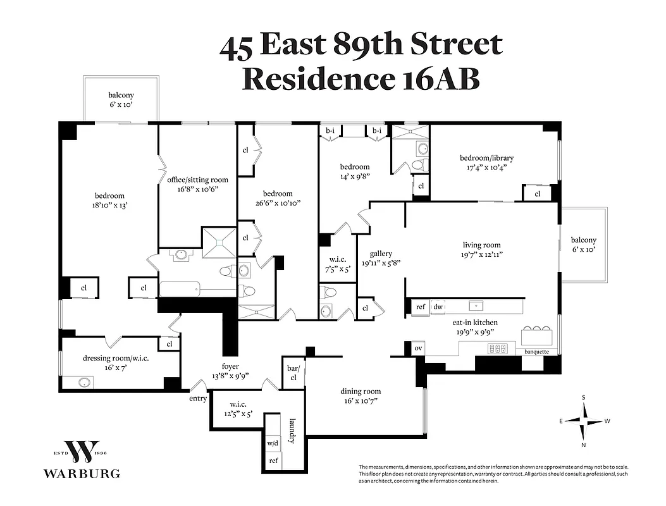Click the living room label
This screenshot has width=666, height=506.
(x=481, y=245)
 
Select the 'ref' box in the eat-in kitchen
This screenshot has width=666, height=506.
(x=420, y=307)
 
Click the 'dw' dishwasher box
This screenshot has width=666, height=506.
(x=438, y=307)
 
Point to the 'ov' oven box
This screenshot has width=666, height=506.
(x=417, y=349)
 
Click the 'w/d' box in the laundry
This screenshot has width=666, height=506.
(x=273, y=443)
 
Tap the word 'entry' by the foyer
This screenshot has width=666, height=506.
(x=198, y=398)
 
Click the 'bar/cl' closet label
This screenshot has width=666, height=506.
(x=292, y=373)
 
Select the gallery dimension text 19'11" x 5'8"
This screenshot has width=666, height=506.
(x=381, y=263)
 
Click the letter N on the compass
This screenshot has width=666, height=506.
(x=584, y=445)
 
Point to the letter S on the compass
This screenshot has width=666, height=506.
(x=584, y=398)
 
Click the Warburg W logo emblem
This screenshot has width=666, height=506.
(x=82, y=452)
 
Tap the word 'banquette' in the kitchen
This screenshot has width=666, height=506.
(x=533, y=352)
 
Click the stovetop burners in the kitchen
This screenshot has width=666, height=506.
(x=498, y=349)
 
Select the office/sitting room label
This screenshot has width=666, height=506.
(x=197, y=180)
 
